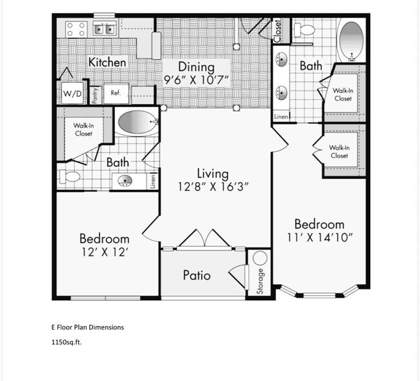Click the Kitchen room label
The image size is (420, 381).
click(x=107, y=62)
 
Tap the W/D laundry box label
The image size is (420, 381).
click(x=72, y=94)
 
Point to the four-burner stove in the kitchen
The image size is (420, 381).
click(x=76, y=29)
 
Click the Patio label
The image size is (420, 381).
click(x=196, y=275)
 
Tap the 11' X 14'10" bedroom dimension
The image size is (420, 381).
click(x=319, y=238)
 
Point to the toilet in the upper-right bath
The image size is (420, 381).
click(x=304, y=30)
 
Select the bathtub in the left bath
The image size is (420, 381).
click(x=136, y=121)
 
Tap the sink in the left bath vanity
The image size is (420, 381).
click(x=125, y=181)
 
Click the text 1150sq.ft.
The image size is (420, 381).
click(x=67, y=342)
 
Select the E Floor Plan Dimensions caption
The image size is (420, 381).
click(x=87, y=327)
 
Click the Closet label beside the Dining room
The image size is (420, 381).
click(x=277, y=31)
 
